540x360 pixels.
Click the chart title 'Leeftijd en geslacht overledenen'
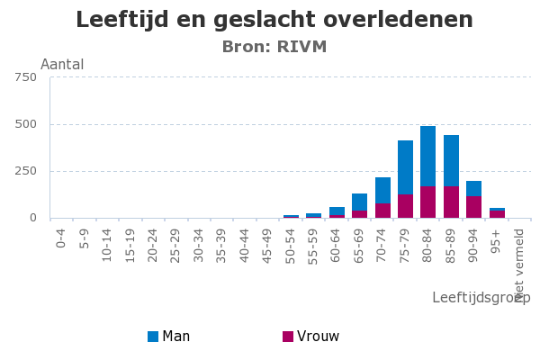coord(274,20)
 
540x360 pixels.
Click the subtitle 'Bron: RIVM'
coord(274,47)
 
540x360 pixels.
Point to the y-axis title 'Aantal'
coord(62,65)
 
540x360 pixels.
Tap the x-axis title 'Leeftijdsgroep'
coord(481,298)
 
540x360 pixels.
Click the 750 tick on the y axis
coord(25,77)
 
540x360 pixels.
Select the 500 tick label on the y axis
coord(25,124)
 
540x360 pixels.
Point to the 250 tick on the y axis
coord(25,171)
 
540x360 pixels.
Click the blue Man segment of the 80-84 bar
coord(427,156)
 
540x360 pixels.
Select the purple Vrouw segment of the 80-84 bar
coord(427,202)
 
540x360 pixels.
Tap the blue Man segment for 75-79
coord(405,167)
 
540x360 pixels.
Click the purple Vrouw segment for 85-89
coord(451,202)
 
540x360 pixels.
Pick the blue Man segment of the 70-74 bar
coord(382,190)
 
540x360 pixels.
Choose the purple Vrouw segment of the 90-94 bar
coord(473,207)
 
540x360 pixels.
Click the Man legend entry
coord(168,337)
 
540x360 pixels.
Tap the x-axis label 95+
coord(497,238)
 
